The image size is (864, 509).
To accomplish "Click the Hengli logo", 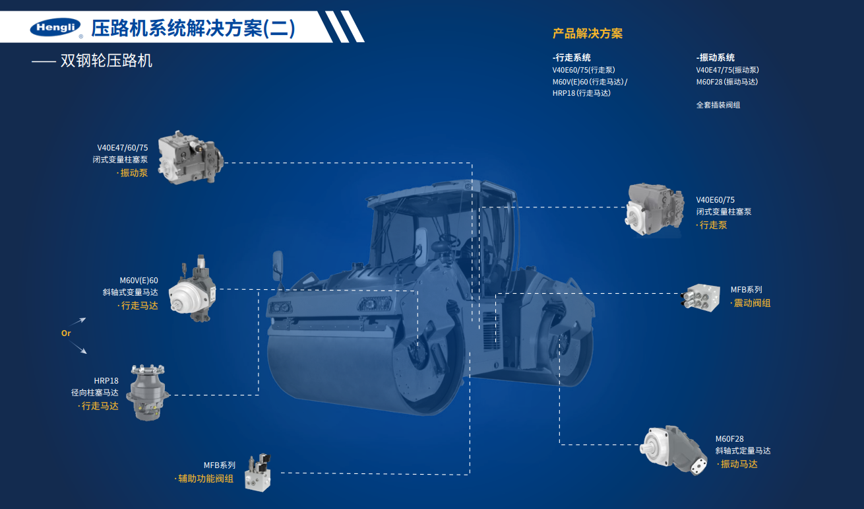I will coord(55,28).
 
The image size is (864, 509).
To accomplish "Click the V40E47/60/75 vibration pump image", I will coord(191,157).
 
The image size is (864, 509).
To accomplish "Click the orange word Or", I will coord(66,333).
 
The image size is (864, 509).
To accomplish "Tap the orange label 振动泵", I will coord(133,173).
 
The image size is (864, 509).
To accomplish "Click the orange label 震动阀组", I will coord(752,303).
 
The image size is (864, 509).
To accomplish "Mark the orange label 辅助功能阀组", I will coord(205,479).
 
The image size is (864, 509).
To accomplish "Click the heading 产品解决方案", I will coord(587,34).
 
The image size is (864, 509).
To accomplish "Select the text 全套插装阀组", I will coord(718,105).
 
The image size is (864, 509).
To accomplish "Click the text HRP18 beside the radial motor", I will coord(106,380).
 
